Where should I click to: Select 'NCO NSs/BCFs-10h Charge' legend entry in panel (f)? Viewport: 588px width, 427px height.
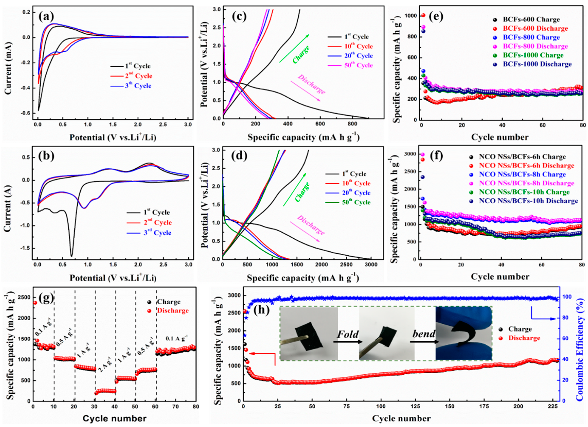click(x=524, y=192)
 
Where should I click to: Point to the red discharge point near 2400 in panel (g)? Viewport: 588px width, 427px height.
click(x=35, y=302)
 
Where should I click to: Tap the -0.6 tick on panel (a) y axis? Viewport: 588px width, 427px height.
click(x=26, y=113)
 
